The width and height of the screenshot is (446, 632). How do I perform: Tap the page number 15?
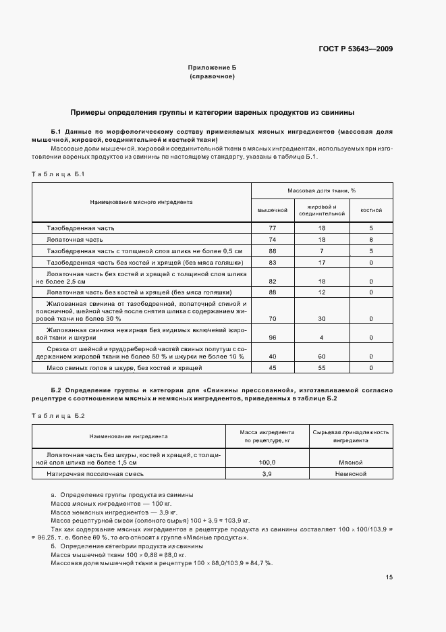coord(389,577)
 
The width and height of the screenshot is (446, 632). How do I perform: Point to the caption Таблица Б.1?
coord(57,174)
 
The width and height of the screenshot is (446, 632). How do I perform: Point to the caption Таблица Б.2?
coord(57,416)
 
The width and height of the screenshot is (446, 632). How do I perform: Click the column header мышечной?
coord(273,210)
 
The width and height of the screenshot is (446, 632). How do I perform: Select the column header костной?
coord(371,210)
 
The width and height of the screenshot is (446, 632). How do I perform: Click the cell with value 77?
coord(273,229)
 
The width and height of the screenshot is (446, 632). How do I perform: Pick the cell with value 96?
coord(273,337)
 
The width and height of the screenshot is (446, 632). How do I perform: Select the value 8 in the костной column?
coord(371,240)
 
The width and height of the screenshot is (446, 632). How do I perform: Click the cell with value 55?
coord(322,368)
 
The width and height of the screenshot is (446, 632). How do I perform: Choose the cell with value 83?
coord(273,261)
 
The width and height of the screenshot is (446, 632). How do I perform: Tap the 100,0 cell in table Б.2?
coord(267,463)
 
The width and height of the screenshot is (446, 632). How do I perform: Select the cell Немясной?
coord(350,475)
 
